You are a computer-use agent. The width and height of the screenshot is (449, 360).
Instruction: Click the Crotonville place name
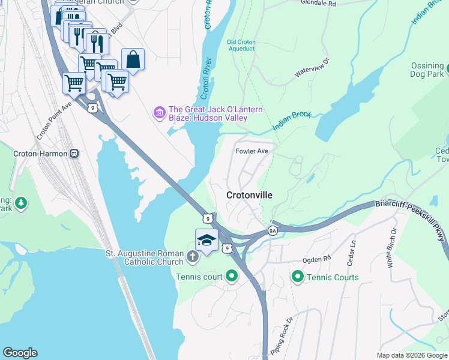pyautogui.click(x=249, y=196)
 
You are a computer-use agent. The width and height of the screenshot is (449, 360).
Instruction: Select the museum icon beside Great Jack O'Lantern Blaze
pyautogui.click(x=160, y=112)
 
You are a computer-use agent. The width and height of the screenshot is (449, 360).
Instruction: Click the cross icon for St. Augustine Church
pyautogui.click(x=192, y=257)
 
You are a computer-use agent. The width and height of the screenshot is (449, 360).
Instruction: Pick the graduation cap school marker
pyautogui.click(x=206, y=240)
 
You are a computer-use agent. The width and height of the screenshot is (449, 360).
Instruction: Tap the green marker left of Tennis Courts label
pyautogui.click(x=297, y=277)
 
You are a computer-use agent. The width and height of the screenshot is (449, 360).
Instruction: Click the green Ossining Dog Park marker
pyautogui.click(x=440, y=70)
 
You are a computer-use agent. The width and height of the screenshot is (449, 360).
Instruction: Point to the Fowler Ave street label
pyautogui.click(x=252, y=151)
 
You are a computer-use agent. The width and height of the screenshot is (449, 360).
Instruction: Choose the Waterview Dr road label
pyautogui.click(x=312, y=68)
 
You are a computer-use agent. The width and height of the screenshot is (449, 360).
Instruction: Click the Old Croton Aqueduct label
pyautogui.click(x=241, y=45)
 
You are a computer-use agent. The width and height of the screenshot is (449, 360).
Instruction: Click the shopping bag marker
pyautogui.click(x=133, y=60)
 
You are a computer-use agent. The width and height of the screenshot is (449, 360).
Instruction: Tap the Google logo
pyautogui.click(x=20, y=353)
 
